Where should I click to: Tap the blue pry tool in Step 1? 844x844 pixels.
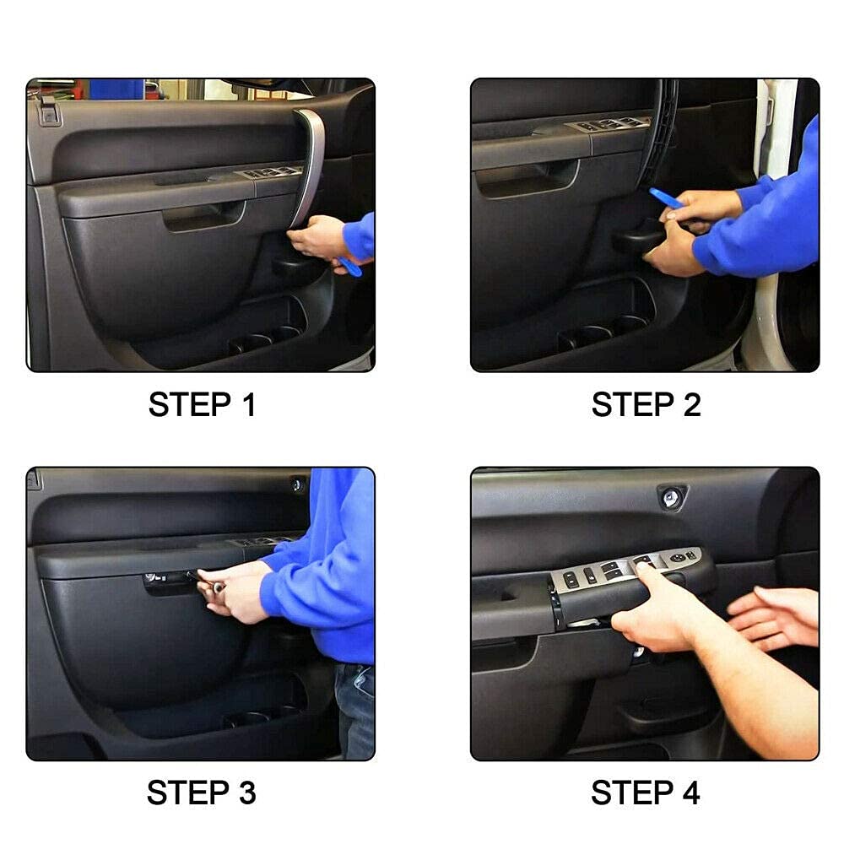(348, 267)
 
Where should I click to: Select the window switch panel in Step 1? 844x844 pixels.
(272, 172)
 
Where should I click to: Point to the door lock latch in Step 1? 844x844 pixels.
(47, 110)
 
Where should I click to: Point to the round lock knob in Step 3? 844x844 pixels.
(297, 484)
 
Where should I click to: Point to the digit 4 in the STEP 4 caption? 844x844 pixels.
(689, 793)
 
